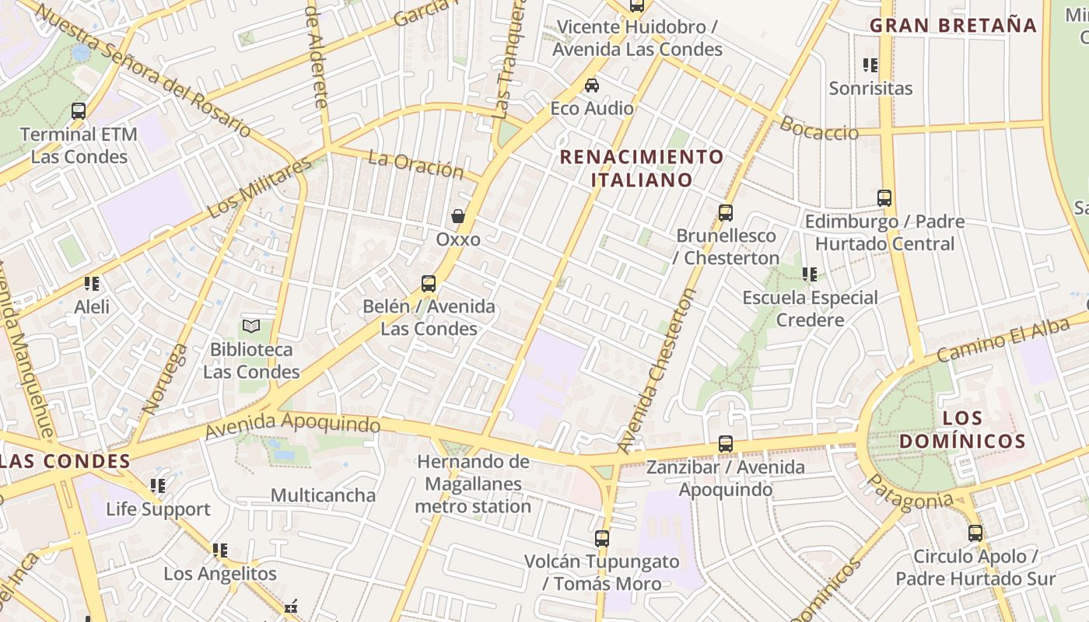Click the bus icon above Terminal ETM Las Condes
point(79,111)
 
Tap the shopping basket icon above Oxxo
point(458,216)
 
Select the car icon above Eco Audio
point(592,85)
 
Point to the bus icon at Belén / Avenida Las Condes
point(429,284)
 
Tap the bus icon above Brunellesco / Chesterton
point(726,212)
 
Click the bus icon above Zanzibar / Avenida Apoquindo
point(726,444)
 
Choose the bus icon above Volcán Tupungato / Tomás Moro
point(602,538)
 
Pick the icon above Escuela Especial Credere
point(810,274)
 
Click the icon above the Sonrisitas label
point(870,65)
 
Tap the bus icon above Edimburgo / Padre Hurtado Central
point(884,198)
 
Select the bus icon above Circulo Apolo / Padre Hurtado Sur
point(975,533)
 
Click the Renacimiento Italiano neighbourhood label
point(642,168)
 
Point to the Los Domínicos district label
point(962,430)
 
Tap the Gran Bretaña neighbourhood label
point(953,25)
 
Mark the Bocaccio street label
point(819,128)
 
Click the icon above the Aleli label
point(92,284)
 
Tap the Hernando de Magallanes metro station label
point(473,484)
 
